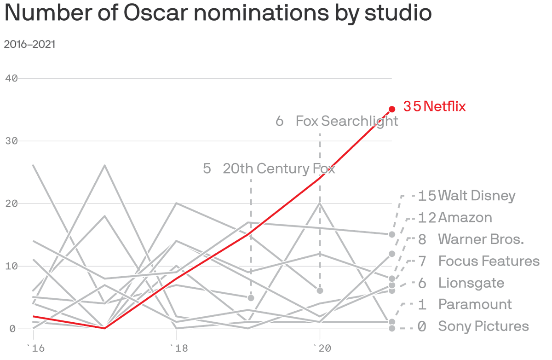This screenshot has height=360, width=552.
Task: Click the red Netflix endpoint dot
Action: (x=392, y=109)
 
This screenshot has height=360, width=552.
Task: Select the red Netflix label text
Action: (x=444, y=107)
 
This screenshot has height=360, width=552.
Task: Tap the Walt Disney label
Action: (x=477, y=196)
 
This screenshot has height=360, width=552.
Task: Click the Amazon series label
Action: (x=465, y=217)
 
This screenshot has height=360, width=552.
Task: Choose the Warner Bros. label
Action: (x=481, y=239)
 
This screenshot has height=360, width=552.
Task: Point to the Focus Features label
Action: (x=489, y=261)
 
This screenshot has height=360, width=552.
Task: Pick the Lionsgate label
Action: (x=471, y=283)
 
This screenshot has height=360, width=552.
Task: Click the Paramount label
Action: (x=475, y=304)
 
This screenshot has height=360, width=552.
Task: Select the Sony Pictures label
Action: (x=483, y=326)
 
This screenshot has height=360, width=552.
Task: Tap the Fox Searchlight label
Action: (x=347, y=121)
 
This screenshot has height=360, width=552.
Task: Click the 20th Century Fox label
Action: (x=279, y=168)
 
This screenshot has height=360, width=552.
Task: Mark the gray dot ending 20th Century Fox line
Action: (x=251, y=298)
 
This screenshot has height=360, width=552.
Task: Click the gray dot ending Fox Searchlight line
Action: (x=320, y=290)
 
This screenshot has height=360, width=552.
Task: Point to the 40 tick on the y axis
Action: (x=11, y=78)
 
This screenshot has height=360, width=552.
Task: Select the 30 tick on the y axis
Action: (x=11, y=141)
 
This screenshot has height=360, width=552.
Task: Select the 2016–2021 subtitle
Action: (x=29, y=45)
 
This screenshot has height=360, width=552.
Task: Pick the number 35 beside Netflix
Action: (x=412, y=107)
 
